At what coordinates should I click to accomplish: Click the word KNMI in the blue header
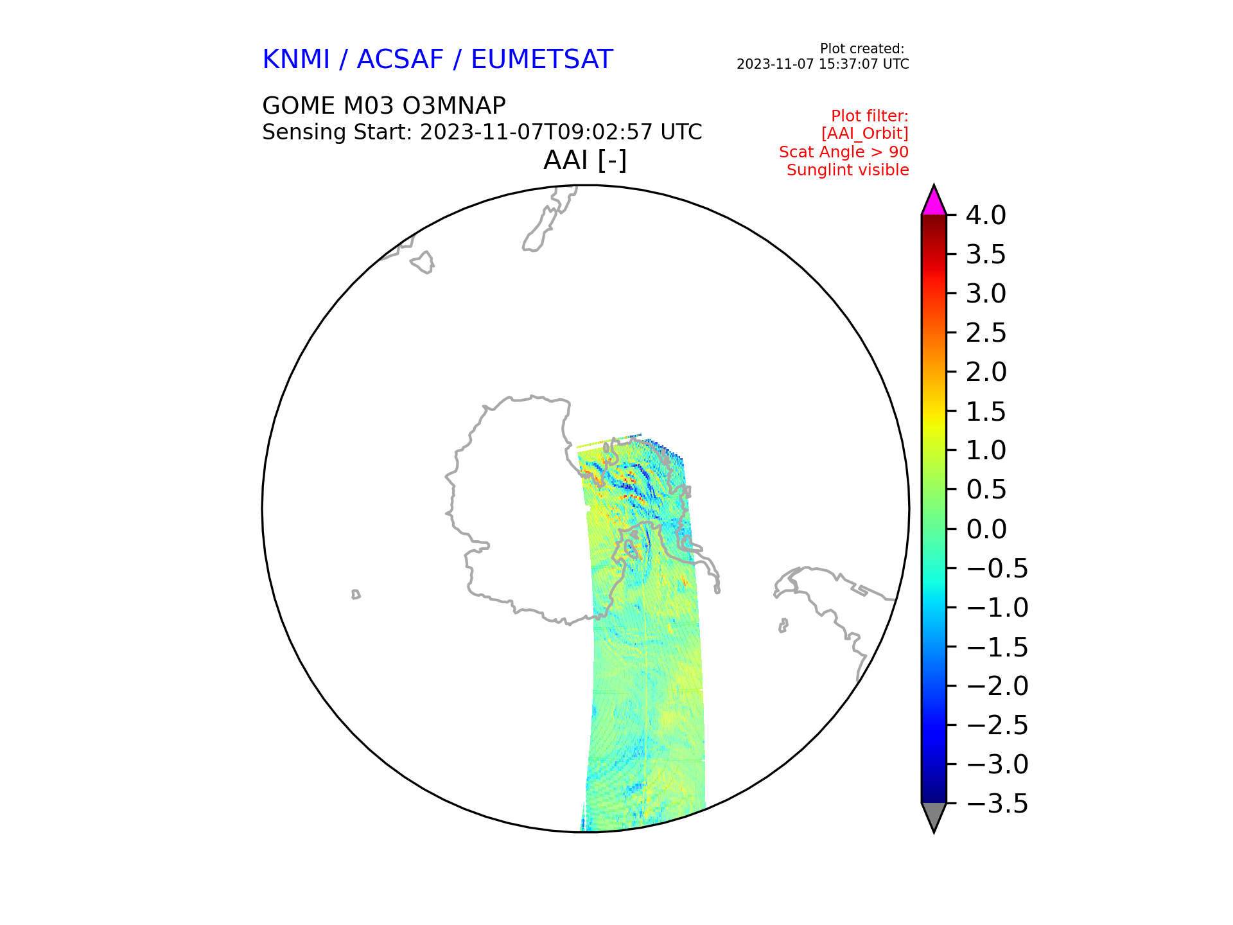[x=296, y=60]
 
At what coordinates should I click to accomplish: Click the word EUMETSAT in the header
[x=542, y=60]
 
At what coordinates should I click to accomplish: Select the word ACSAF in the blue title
[x=400, y=60]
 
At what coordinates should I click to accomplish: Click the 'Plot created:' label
[x=862, y=49]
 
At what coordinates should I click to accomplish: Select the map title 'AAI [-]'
[x=585, y=160]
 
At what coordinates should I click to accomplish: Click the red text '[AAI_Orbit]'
[x=865, y=134]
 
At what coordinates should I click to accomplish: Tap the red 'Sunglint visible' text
[x=848, y=170]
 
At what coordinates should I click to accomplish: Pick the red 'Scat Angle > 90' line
[x=844, y=152]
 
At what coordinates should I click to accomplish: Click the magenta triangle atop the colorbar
[x=934, y=200]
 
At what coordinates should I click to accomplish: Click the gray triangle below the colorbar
[x=934, y=816]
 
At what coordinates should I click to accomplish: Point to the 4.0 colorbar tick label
[x=986, y=215]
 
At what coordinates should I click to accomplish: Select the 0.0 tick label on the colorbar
[x=986, y=529]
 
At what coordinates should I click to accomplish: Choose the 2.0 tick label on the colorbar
[x=986, y=372]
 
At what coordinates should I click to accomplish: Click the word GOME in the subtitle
[x=299, y=105]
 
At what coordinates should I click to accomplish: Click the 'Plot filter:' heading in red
[x=870, y=116]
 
